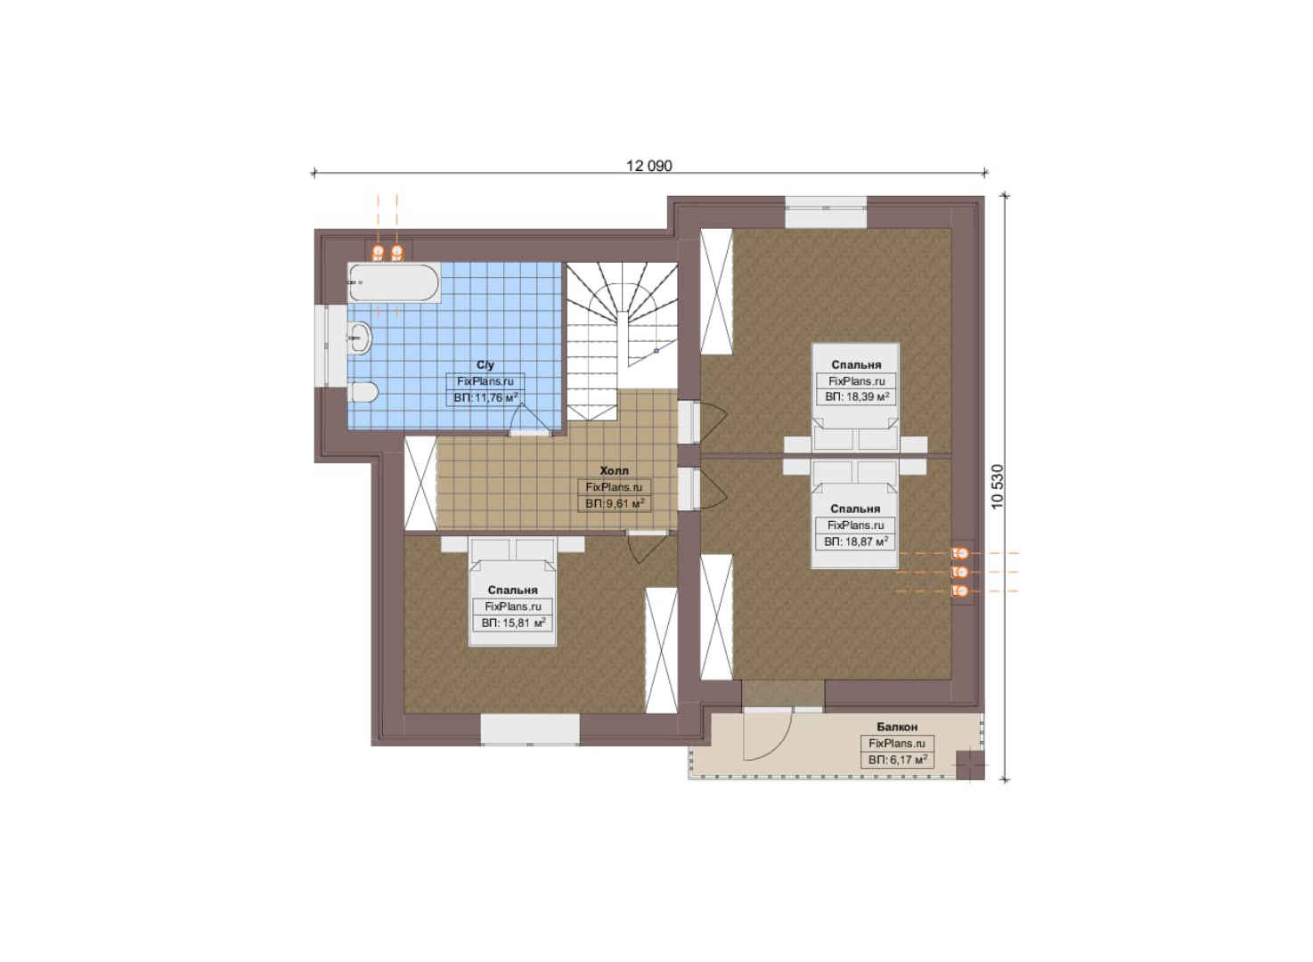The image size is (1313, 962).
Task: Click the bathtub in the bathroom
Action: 394,282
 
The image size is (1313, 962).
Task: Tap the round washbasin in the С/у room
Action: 359,338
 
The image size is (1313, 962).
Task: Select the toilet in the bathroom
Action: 363,392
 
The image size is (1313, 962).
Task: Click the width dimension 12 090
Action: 648,166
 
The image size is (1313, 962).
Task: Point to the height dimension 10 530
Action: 998,486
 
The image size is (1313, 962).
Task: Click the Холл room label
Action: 614,470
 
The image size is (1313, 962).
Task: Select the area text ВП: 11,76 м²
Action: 486,397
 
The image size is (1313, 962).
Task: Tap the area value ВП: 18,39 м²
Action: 857,397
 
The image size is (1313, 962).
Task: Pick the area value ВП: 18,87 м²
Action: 856,542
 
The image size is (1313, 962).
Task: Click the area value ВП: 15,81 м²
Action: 513,623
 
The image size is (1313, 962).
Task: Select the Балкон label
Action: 897,727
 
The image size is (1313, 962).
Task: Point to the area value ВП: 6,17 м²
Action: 897,760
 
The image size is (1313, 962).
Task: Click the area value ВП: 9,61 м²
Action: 615,503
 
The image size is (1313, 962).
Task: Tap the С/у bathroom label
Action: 485,364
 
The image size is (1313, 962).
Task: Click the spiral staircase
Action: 622,340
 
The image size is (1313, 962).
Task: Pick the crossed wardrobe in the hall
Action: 420,485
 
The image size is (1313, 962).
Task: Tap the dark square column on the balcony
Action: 969,764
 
